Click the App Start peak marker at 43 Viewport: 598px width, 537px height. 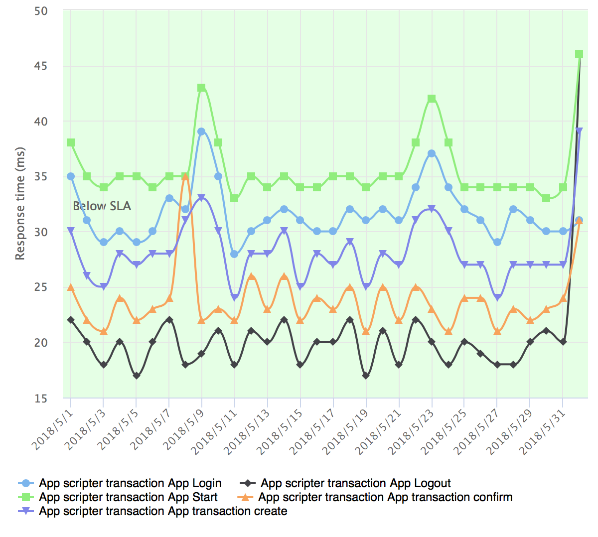[x=202, y=88]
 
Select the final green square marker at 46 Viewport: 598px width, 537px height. [x=579, y=54]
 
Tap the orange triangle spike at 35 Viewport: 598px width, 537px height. [x=185, y=176]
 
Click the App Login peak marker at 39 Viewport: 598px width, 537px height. [x=202, y=132]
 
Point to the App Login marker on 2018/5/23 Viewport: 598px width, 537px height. [x=432, y=153]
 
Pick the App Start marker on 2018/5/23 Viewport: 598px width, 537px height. [x=432, y=99]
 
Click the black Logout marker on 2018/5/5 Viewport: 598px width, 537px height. [x=136, y=376]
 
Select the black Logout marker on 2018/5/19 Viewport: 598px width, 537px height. [x=366, y=376]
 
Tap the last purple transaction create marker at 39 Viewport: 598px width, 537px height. [x=579, y=131]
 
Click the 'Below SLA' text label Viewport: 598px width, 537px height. [x=102, y=206]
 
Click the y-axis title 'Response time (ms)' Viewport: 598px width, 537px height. [x=20, y=203]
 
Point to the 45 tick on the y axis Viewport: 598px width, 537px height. [x=41, y=66]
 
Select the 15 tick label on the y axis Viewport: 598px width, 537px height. [x=41, y=399]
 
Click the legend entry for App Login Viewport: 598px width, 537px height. [x=130, y=483]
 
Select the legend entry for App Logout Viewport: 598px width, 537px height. [x=355, y=483]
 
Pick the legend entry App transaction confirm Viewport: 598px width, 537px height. [x=385, y=497]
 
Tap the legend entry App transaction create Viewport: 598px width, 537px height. [x=163, y=511]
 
